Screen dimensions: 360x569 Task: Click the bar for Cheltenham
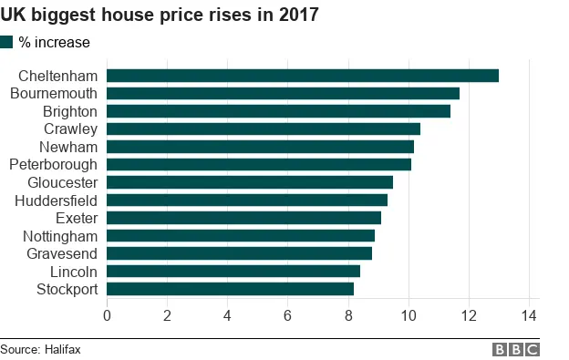click(x=303, y=76)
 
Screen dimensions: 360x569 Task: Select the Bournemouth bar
click(x=283, y=93)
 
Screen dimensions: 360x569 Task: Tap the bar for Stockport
click(x=230, y=289)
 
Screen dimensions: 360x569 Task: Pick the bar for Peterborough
click(x=259, y=164)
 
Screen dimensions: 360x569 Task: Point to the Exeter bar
click(x=243, y=218)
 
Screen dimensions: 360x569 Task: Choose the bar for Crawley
click(x=264, y=129)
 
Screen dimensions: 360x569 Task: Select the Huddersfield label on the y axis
click(x=56, y=200)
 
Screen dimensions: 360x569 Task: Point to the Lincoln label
click(x=74, y=272)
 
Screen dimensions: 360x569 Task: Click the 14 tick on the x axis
click(x=528, y=316)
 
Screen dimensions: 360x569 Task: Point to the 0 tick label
click(x=108, y=316)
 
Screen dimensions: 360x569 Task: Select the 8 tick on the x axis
click(x=348, y=316)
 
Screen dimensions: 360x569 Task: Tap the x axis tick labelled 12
click(x=468, y=316)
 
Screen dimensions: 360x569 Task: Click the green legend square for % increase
click(x=7, y=42)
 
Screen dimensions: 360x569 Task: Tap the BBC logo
click(x=516, y=350)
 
